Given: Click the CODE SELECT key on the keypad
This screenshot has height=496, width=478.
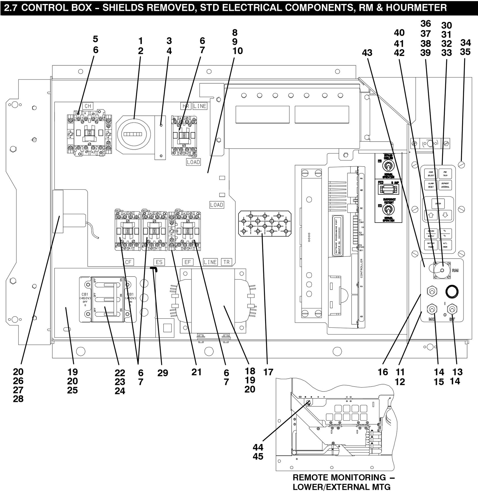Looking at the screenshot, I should [431, 174].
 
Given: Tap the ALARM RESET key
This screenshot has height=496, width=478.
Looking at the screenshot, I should [431, 185].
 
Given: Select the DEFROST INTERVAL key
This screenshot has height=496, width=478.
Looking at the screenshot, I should [445, 185].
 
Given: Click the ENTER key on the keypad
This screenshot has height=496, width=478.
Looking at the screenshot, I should [438, 204].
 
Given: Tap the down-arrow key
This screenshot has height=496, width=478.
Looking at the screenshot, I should [445, 215].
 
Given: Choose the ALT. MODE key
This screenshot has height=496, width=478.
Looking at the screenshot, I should [445, 245].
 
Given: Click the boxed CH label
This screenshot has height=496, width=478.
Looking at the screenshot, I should [88, 106].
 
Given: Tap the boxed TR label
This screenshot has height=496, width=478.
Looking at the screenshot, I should [226, 262].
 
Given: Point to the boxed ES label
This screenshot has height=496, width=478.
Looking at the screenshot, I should [159, 262].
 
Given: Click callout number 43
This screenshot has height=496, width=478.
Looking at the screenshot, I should [367, 53].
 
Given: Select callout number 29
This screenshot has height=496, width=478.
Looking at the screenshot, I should [163, 373].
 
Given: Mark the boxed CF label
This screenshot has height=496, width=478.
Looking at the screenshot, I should [128, 262].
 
